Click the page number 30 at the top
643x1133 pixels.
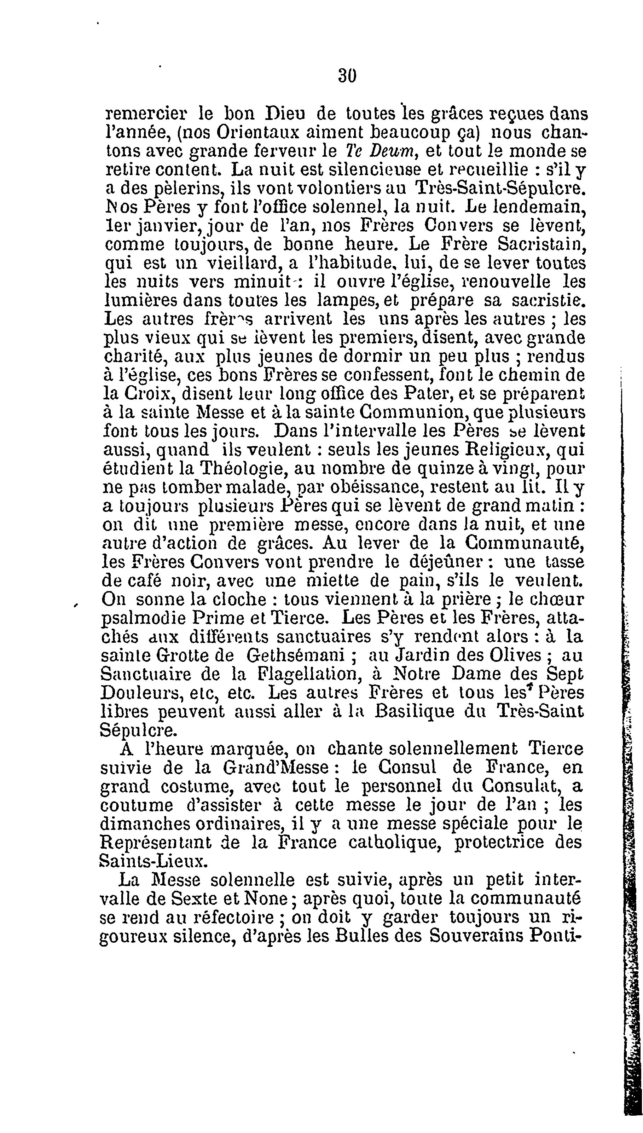coord(347,76)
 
